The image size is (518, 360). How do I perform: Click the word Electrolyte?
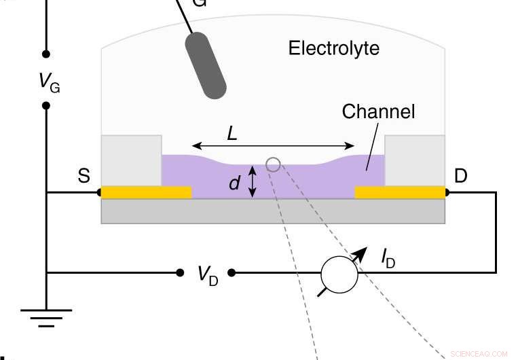(x=333, y=49)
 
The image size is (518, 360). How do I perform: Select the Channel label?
(x=378, y=111)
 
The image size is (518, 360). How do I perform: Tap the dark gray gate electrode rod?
(x=206, y=65)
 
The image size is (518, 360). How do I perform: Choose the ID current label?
(x=388, y=257)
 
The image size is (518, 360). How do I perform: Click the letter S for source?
(x=84, y=177)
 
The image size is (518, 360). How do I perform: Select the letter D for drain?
(x=461, y=177)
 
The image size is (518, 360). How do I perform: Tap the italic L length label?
(x=232, y=134)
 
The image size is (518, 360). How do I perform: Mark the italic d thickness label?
(x=235, y=183)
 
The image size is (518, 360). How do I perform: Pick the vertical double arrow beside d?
(x=253, y=182)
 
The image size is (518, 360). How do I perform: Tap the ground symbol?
(x=46, y=317)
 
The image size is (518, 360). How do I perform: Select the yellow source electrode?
(x=146, y=192)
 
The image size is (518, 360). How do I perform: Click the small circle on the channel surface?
(x=273, y=164)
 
